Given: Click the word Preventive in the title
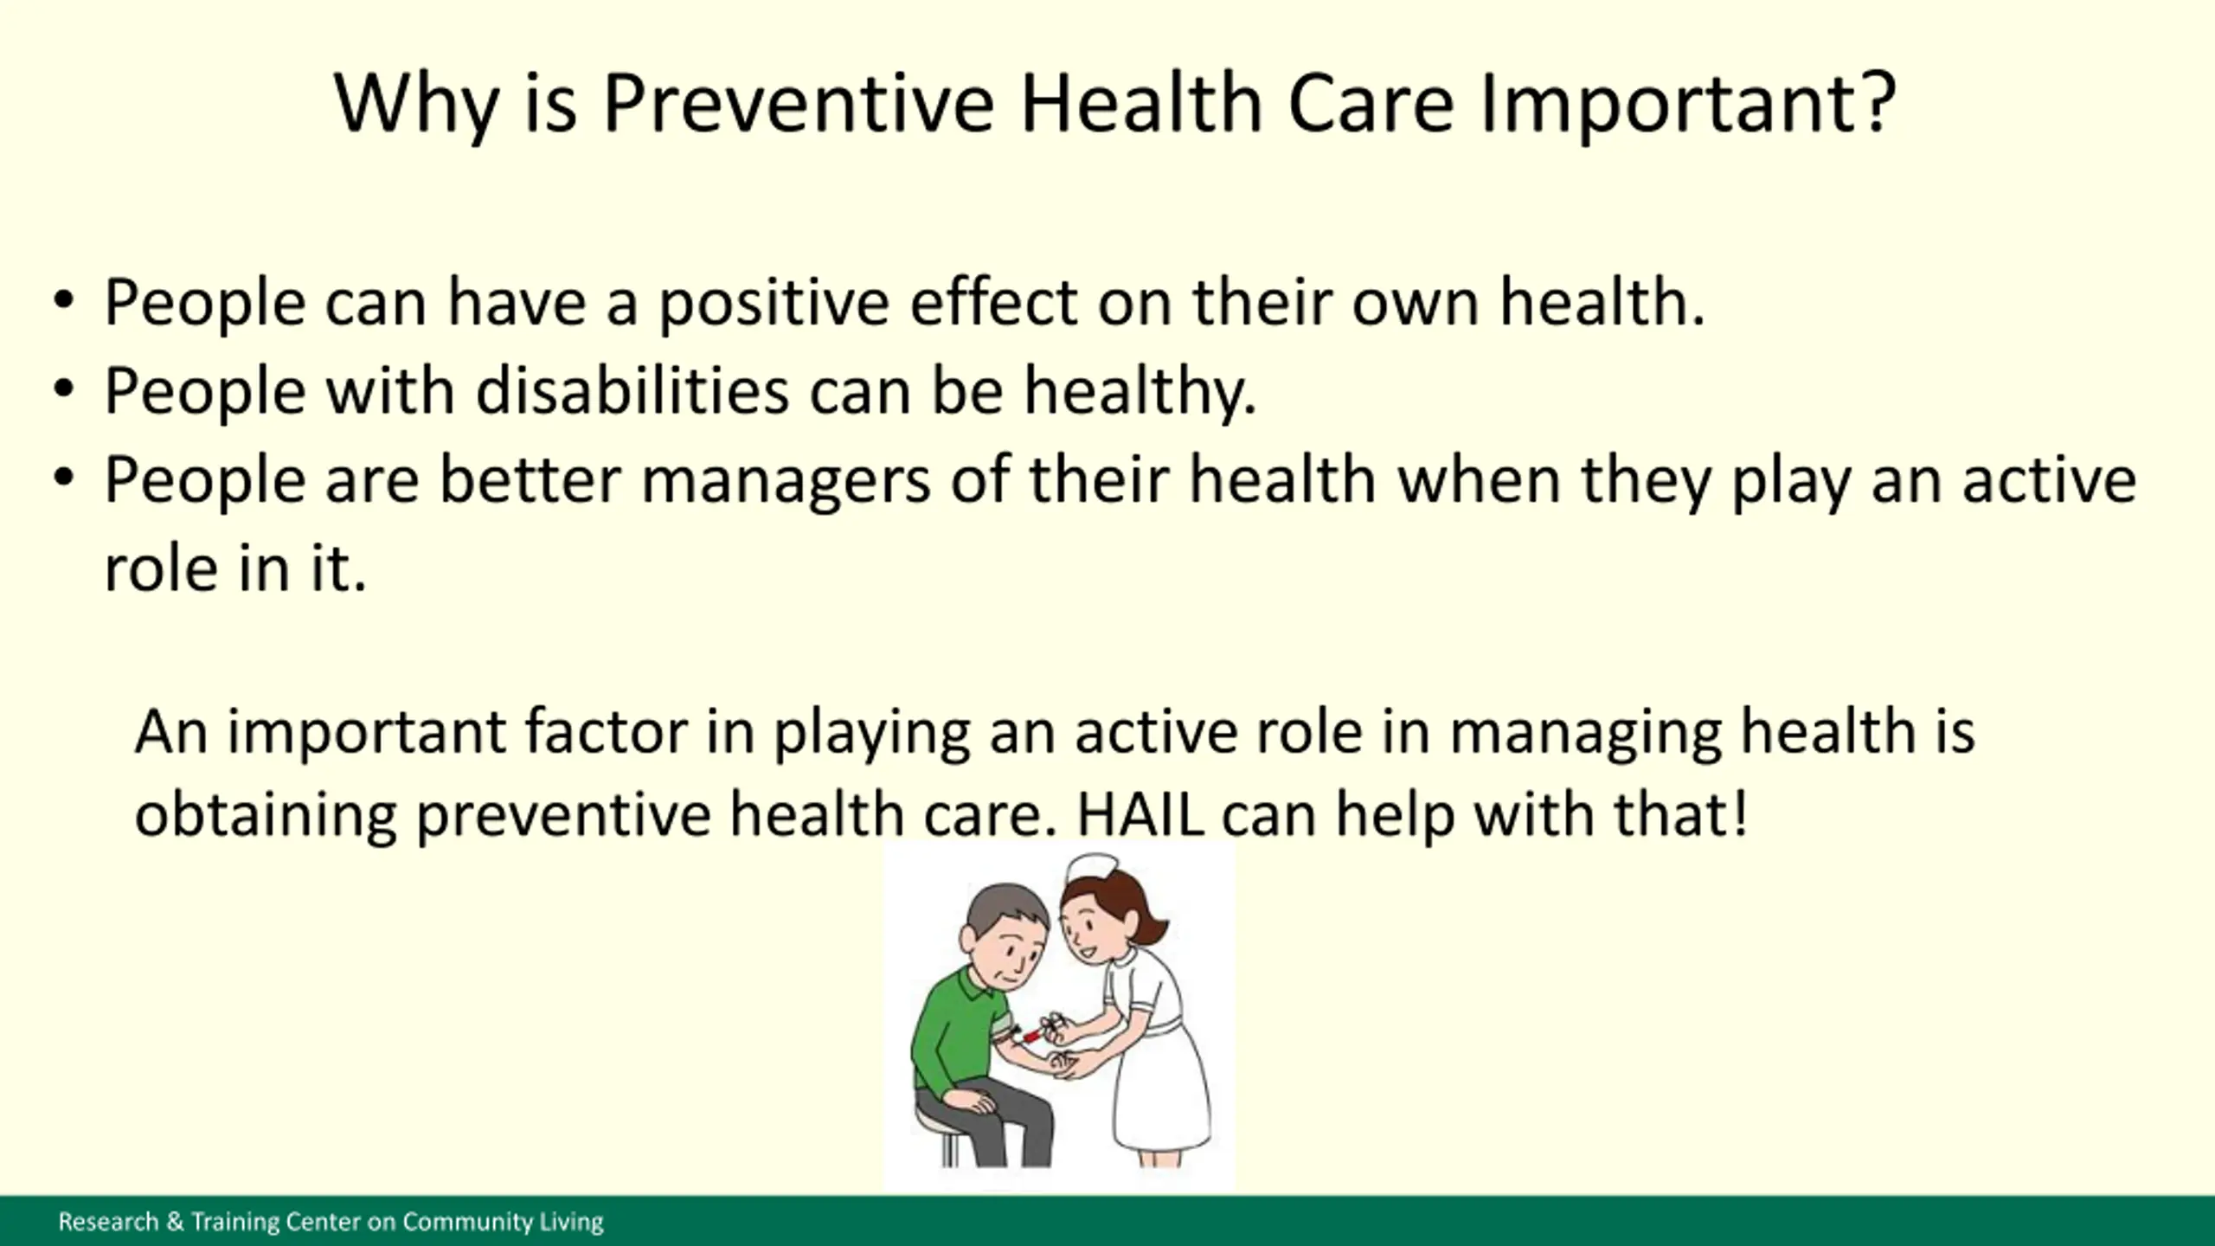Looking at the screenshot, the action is coord(799,103).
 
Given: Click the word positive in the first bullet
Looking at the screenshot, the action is coord(774,305).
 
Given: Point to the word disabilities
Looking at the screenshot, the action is coord(632,390).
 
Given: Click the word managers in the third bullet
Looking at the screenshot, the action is coord(786,481).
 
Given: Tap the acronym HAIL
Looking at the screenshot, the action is coord(1140,815).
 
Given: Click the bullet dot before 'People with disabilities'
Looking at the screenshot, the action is coord(64,389).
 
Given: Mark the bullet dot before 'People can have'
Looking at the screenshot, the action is coord(64,301).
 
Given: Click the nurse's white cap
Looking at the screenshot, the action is coord(1092,868).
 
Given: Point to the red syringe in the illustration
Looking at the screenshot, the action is coord(1031,1034).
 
